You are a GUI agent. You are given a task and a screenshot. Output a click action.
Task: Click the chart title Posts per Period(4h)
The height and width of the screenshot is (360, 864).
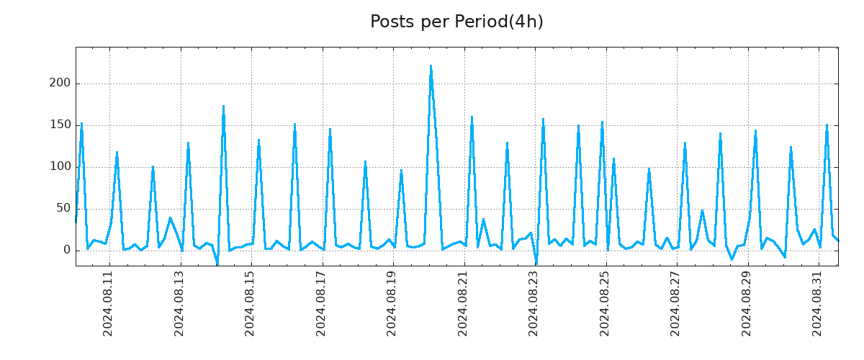456,22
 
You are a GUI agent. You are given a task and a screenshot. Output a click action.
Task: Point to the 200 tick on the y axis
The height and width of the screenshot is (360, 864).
60,84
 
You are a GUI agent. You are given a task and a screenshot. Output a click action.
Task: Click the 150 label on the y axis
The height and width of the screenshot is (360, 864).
60,125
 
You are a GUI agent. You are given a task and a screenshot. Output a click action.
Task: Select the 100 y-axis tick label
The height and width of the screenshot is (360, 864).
60,167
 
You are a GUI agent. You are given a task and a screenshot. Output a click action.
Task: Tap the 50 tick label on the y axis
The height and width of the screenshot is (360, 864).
63,209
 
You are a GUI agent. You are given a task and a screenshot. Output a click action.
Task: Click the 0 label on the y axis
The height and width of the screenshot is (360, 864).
67,251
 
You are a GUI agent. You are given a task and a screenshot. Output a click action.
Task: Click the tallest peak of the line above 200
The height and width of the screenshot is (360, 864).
431,66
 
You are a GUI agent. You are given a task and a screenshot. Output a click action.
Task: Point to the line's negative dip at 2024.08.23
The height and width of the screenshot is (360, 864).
536,263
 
